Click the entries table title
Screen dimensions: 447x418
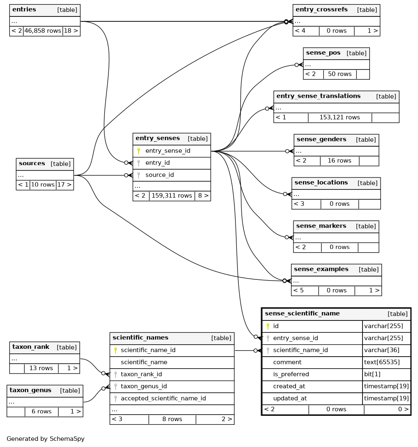(24, 10)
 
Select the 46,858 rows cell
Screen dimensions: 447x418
(43, 31)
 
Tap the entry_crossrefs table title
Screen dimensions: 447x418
(321, 10)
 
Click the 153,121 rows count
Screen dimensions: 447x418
(339, 118)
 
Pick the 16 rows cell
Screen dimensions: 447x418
(339, 161)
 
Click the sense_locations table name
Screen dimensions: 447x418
(321, 183)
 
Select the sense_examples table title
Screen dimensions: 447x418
(321, 270)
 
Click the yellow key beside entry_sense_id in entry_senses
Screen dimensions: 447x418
(139, 151)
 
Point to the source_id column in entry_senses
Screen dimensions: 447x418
(159, 175)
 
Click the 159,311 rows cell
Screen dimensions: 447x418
(172, 196)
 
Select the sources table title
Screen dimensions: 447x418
(32, 164)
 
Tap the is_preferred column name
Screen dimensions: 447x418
(291, 374)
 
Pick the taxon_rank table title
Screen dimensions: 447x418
(31, 347)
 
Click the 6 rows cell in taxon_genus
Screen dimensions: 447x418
(42, 412)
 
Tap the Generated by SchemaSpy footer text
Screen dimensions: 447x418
(46, 439)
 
